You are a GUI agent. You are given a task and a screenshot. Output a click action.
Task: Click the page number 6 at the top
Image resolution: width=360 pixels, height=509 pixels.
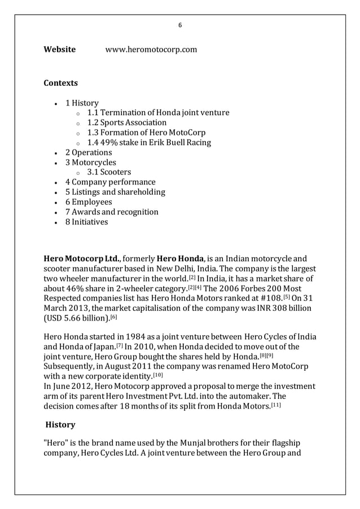coord(180,25)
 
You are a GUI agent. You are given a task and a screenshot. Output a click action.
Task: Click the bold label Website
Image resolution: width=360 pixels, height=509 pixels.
coord(59,50)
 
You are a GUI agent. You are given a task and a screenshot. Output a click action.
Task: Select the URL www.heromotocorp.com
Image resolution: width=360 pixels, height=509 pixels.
coord(151,50)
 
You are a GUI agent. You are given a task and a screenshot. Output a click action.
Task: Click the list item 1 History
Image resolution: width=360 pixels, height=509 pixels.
coord(82,103)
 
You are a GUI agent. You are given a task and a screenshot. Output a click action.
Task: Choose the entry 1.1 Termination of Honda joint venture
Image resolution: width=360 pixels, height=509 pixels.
coord(158,113)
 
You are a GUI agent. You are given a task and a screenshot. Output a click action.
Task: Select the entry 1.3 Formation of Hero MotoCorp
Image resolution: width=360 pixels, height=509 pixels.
coord(146,133)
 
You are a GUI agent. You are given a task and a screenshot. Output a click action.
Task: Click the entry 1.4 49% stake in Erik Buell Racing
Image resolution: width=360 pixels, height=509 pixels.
coord(149,143)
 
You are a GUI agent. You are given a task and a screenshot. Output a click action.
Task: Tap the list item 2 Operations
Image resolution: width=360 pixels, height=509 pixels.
coord(89,152)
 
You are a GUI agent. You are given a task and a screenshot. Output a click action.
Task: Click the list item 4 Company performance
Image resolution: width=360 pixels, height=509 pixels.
coord(110,182)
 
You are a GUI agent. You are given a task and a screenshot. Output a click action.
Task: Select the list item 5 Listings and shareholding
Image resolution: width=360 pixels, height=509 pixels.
coord(115,192)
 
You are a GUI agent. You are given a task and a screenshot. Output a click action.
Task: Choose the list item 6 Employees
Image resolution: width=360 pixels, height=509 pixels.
coord(89,202)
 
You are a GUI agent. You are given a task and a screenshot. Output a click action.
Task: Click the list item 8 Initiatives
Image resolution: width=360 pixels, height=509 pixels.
coord(86,222)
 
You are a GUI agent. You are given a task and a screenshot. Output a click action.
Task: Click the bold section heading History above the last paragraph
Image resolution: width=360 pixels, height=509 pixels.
coord(60,424)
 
